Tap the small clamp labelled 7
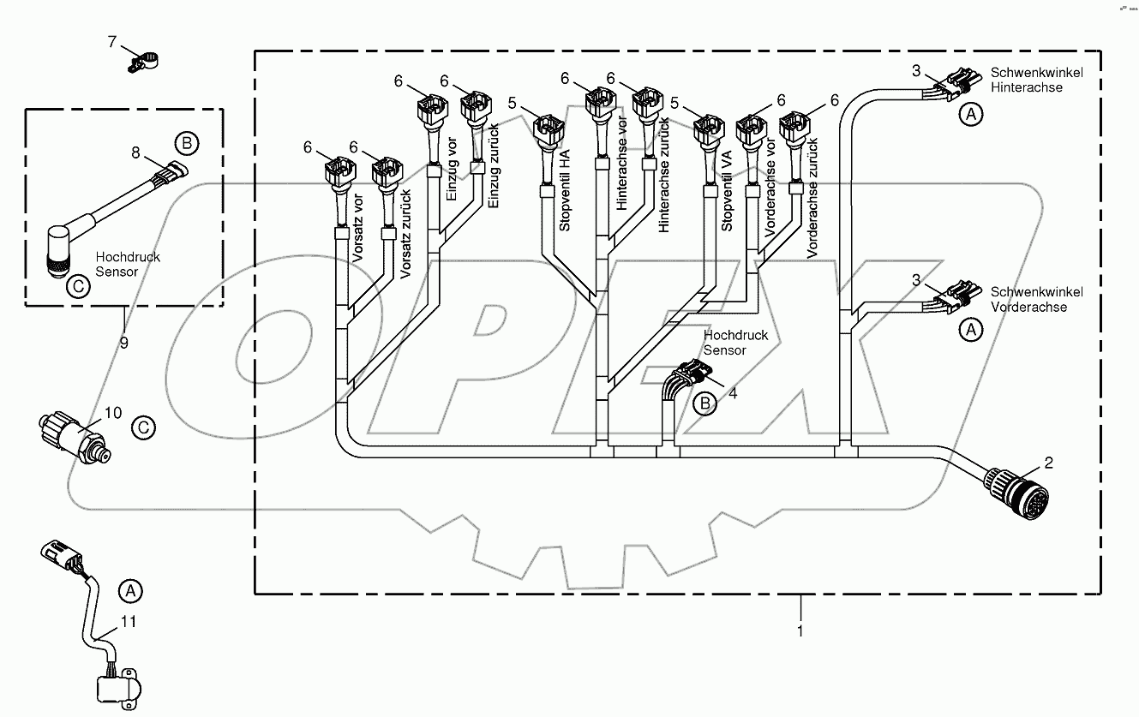coord(143,62)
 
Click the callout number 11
coord(128,621)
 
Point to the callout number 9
coord(125,343)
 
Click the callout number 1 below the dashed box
coord(800,632)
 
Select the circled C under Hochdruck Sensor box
coord(77,287)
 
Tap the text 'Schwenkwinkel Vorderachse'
coord(1036,299)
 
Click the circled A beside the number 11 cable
coord(129,589)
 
